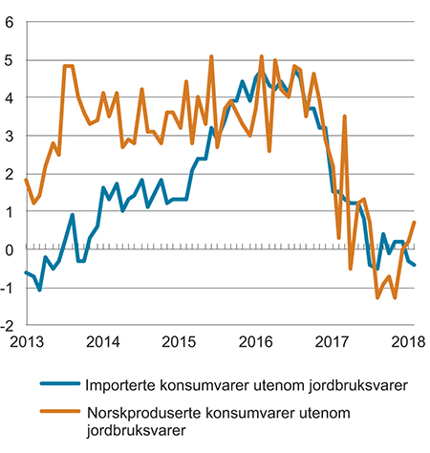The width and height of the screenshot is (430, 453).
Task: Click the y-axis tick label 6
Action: click(10, 21)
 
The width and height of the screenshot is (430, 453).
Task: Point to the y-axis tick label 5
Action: click(10, 59)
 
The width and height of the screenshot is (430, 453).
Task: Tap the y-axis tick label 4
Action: click(10, 97)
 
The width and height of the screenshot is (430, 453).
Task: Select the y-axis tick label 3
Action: click(10, 136)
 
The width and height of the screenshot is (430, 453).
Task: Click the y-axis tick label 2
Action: click(10, 174)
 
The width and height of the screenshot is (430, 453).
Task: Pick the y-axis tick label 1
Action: click(10, 212)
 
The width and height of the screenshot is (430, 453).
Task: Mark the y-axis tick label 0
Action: click(10, 250)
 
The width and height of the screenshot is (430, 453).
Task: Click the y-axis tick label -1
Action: click(8, 289)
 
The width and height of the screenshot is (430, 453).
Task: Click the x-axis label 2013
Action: click(26, 342)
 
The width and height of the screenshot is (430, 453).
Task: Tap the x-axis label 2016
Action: click(256, 342)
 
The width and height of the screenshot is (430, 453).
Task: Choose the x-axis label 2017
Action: click(333, 342)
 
